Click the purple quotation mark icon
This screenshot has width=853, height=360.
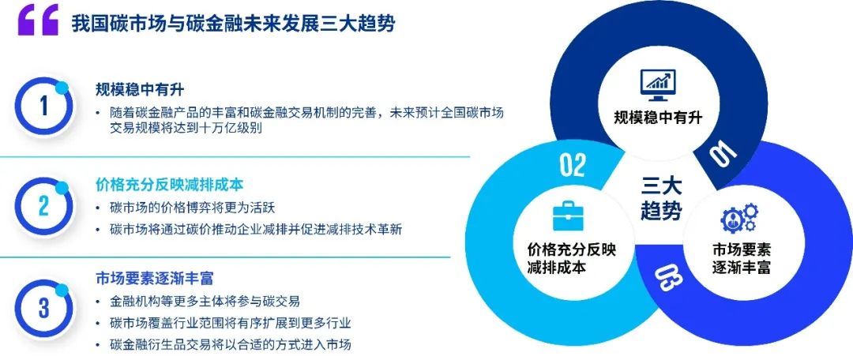click(x=38, y=21)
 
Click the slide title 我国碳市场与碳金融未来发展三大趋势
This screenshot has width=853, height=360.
click(x=233, y=24)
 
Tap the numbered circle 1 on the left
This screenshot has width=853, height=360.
click(x=43, y=107)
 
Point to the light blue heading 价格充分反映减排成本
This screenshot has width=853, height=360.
click(x=169, y=185)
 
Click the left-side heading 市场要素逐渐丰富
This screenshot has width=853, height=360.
click(x=154, y=279)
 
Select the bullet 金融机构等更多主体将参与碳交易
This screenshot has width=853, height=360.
click(x=205, y=302)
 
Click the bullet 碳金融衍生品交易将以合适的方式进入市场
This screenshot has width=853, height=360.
click(x=230, y=344)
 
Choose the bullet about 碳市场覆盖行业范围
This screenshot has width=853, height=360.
click(x=230, y=323)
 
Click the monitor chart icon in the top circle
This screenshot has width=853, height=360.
click(x=658, y=84)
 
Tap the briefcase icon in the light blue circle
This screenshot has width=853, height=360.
click(x=569, y=216)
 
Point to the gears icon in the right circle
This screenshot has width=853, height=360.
click(x=739, y=218)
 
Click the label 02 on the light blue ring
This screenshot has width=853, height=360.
click(x=573, y=165)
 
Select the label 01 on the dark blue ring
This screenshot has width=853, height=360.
click(x=724, y=152)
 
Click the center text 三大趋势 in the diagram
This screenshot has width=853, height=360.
click(x=661, y=198)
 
